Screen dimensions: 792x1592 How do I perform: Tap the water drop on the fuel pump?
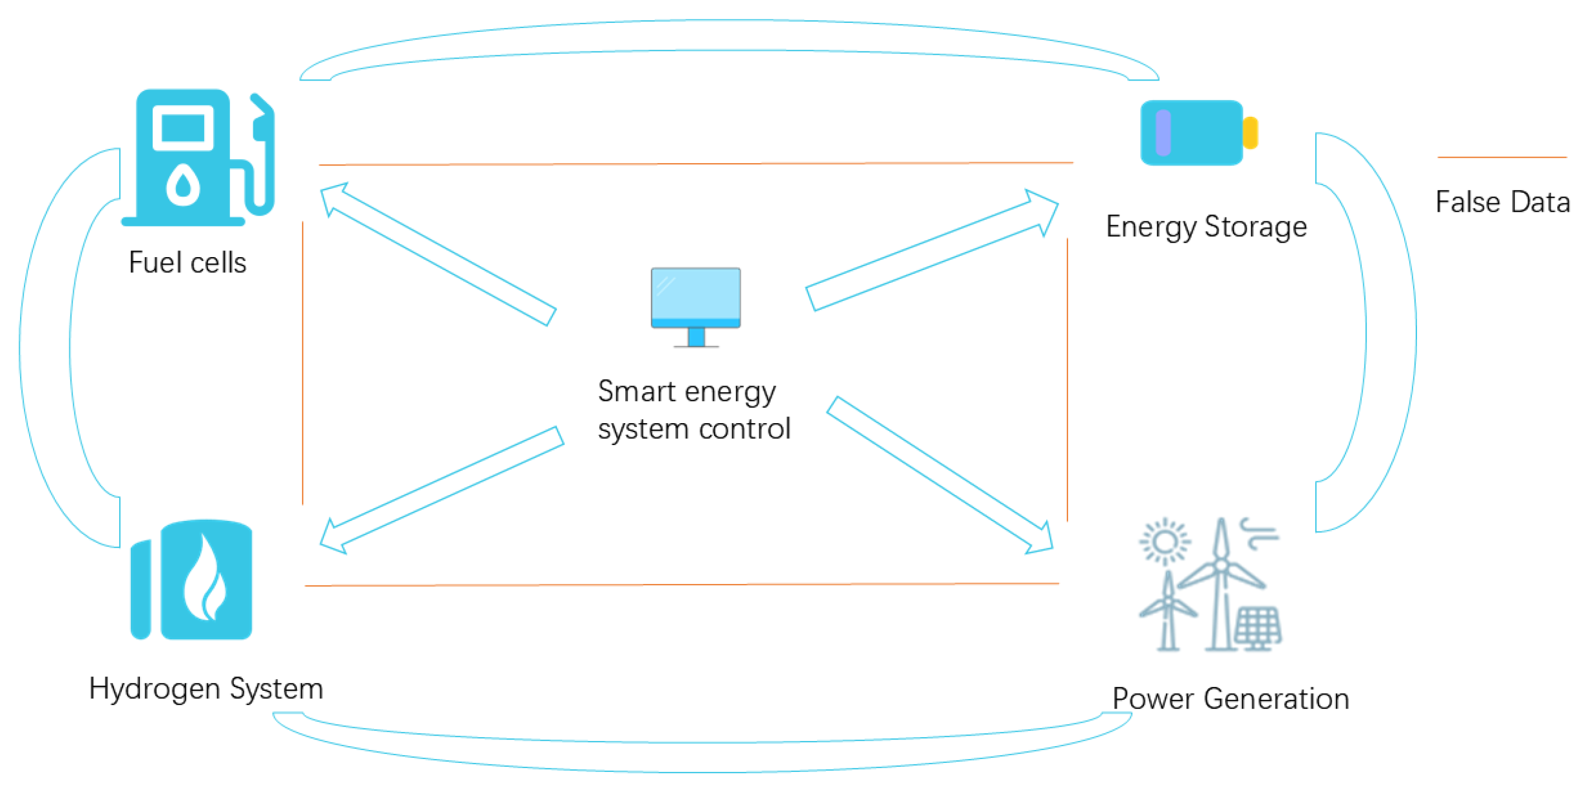183,184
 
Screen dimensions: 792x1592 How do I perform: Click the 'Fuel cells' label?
187,263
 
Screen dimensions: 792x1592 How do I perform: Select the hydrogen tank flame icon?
205,580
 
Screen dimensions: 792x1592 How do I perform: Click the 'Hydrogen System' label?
206,688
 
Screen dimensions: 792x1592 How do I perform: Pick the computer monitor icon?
696,306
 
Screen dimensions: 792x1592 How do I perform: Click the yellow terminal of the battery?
1250,132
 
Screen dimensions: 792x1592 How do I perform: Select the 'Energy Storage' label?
1206,226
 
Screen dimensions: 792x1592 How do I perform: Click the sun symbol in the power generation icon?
1164,542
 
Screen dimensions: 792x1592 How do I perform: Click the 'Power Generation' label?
1230,699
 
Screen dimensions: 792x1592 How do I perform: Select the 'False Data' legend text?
1503,202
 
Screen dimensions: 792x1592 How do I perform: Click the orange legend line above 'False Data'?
1502,158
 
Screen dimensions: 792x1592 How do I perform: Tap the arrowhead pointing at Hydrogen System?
334,538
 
